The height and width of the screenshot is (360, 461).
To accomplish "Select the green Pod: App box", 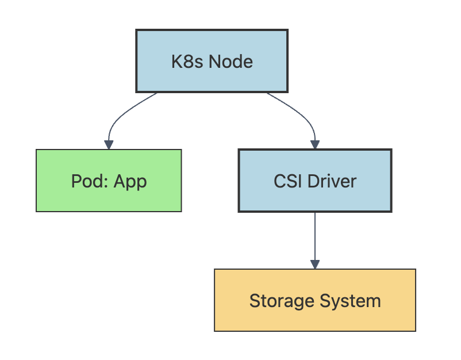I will click(x=109, y=181).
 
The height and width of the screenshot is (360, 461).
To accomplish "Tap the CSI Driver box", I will click(x=315, y=181).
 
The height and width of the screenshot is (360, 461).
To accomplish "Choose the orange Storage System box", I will click(x=315, y=300).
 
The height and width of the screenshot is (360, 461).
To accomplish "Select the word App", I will click(x=130, y=182).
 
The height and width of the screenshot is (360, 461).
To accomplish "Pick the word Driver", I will click(x=332, y=181).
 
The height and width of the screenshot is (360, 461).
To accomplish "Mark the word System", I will click(x=351, y=301).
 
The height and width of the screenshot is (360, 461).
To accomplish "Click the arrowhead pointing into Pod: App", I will click(x=109, y=145).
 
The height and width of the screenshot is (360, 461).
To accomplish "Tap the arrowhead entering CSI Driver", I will click(x=315, y=145).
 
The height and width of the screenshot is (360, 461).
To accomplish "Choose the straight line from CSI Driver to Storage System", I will click(x=315, y=236).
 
